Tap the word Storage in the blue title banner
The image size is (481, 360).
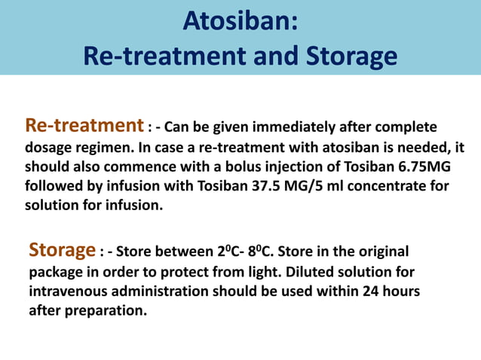click(346, 56)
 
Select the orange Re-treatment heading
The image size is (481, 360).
click(84, 124)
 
